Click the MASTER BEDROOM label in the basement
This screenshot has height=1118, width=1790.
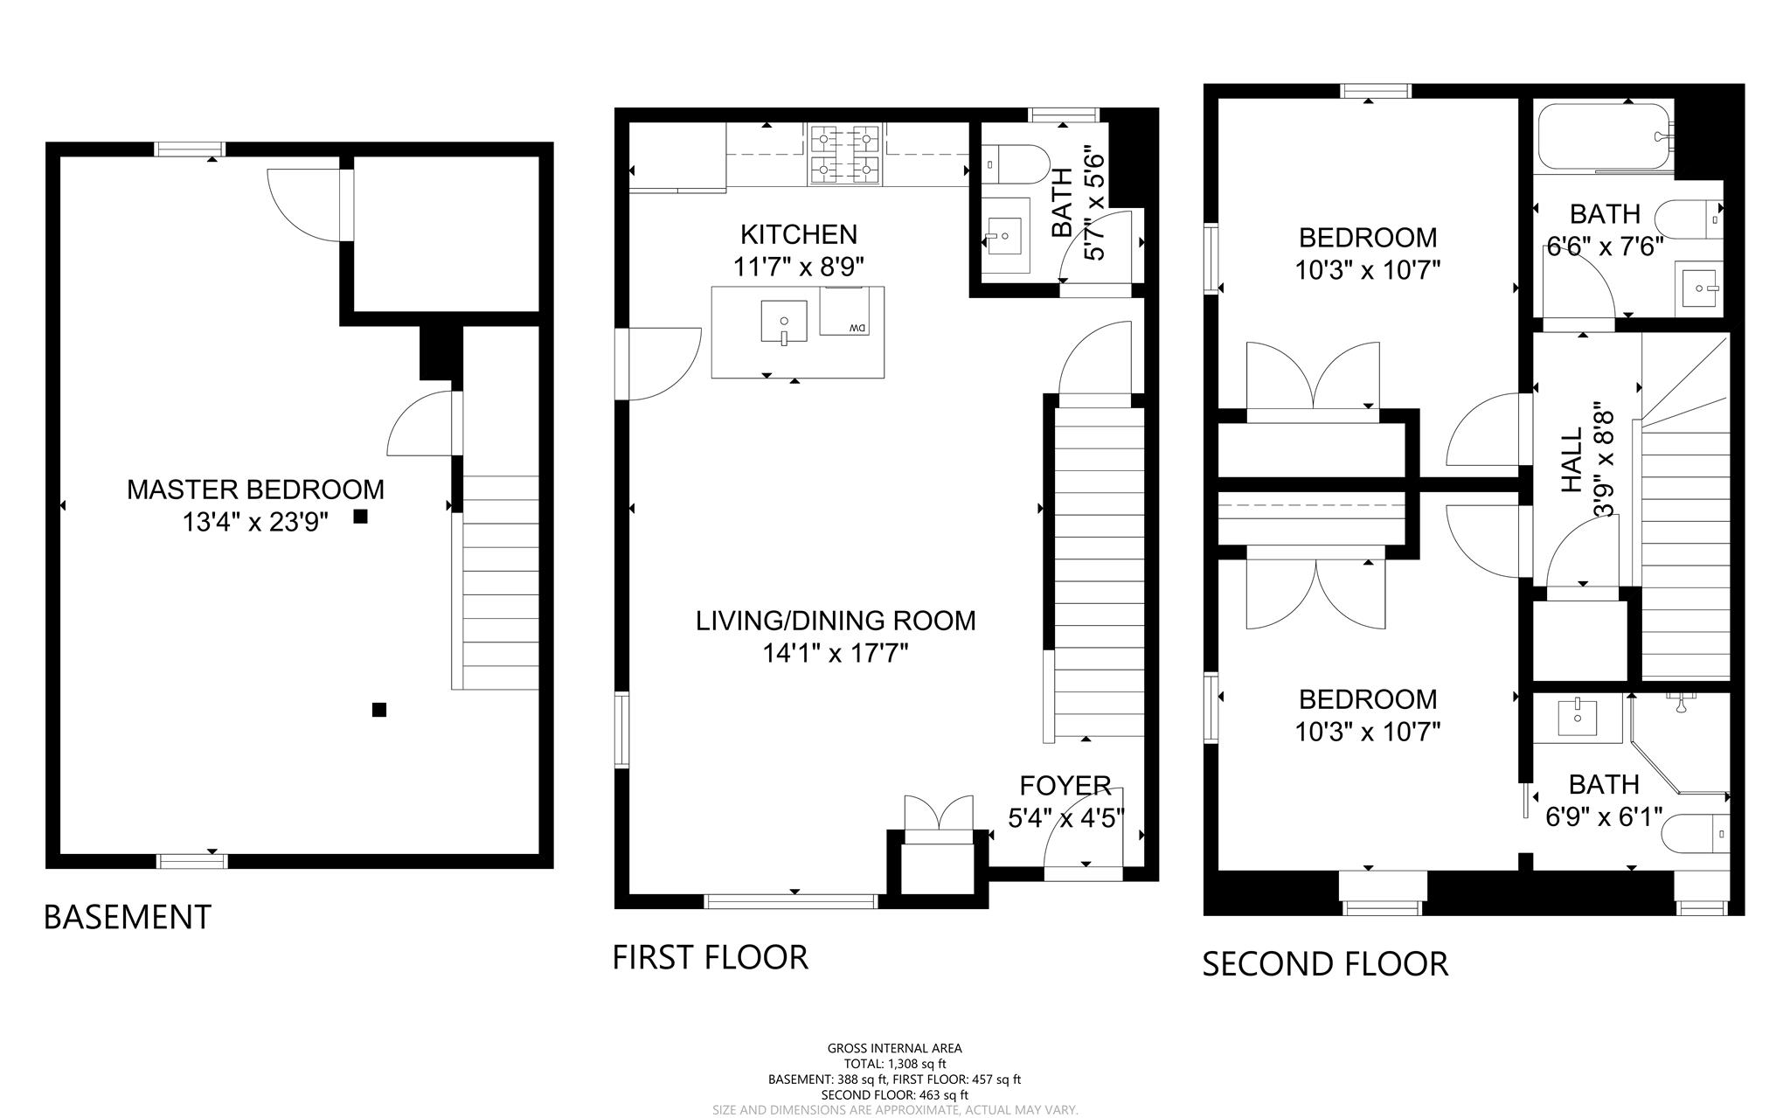tap(255, 489)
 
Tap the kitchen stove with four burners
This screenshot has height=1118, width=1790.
tap(843, 155)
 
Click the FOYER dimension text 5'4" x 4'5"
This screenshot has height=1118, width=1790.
tap(1065, 818)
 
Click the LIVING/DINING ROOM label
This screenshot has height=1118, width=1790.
tap(836, 621)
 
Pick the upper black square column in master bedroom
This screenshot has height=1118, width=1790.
tap(360, 517)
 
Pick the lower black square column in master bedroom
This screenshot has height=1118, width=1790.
tap(379, 710)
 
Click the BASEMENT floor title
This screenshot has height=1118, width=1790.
tap(128, 917)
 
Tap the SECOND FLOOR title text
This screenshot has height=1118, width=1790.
tap(1325, 964)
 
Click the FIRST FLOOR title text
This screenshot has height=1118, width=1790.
tap(710, 957)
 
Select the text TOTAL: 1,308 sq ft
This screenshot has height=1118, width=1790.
tap(894, 1064)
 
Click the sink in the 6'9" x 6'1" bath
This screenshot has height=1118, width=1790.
tap(1577, 718)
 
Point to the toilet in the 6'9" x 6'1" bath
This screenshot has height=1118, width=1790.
tap(1696, 835)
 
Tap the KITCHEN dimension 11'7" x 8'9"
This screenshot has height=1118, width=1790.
tap(799, 267)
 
